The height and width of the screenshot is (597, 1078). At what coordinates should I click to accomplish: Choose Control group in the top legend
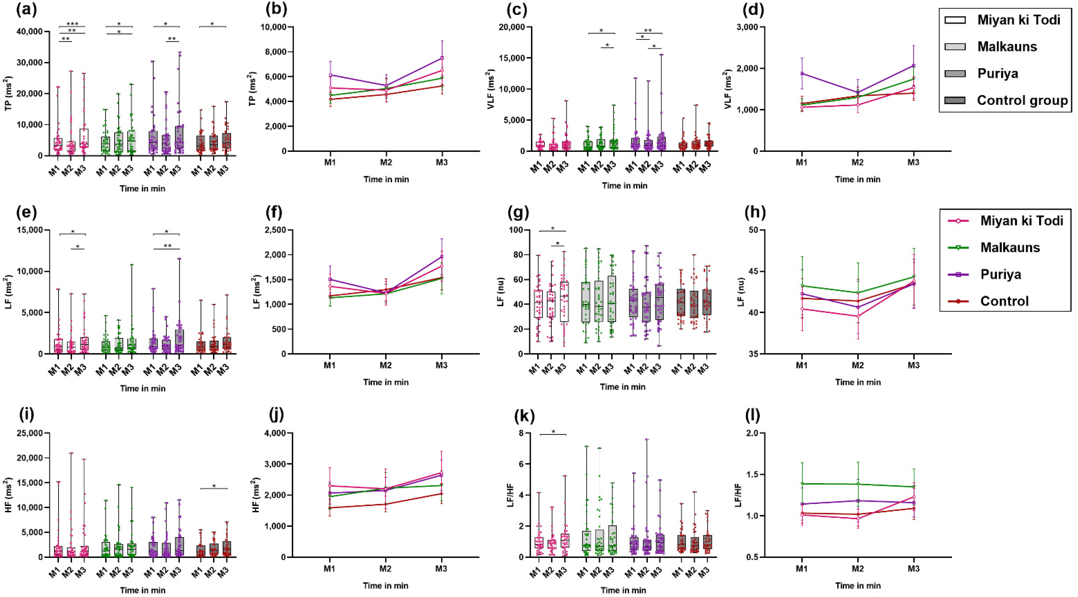(x=1022, y=100)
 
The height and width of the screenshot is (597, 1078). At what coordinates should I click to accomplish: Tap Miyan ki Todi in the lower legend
(x=1021, y=221)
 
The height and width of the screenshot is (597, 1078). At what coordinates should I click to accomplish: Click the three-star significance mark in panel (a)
(x=72, y=24)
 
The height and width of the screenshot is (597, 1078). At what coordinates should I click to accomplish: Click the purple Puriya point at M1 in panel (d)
(x=802, y=73)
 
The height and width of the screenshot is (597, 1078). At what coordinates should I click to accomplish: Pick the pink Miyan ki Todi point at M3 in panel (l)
(x=913, y=497)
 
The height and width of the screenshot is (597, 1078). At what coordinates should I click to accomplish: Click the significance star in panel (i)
(x=214, y=486)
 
